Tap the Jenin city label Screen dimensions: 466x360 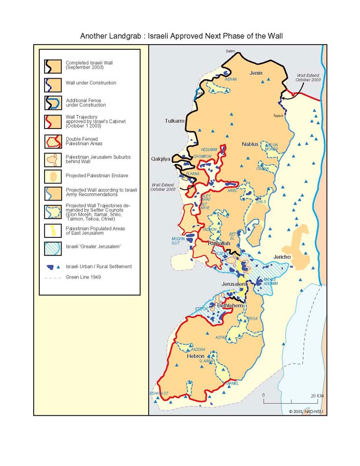tap(256, 73)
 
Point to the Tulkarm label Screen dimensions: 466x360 tap(175, 121)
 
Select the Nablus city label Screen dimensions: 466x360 tap(250, 144)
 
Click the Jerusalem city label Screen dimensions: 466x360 tap(233, 285)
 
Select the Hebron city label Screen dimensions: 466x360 tap(195, 357)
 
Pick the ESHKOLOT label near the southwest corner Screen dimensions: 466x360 tap(159, 393)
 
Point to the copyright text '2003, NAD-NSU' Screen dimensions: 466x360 tap(305, 411)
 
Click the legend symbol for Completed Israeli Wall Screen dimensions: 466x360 tap(53, 65)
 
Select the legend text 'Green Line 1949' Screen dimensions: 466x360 tap(83, 277)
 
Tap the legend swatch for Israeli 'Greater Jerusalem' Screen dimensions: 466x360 tap(53, 247)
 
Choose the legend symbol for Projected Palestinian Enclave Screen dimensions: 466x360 tap(53, 175)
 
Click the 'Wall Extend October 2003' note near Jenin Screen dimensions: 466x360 tap(308, 78)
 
